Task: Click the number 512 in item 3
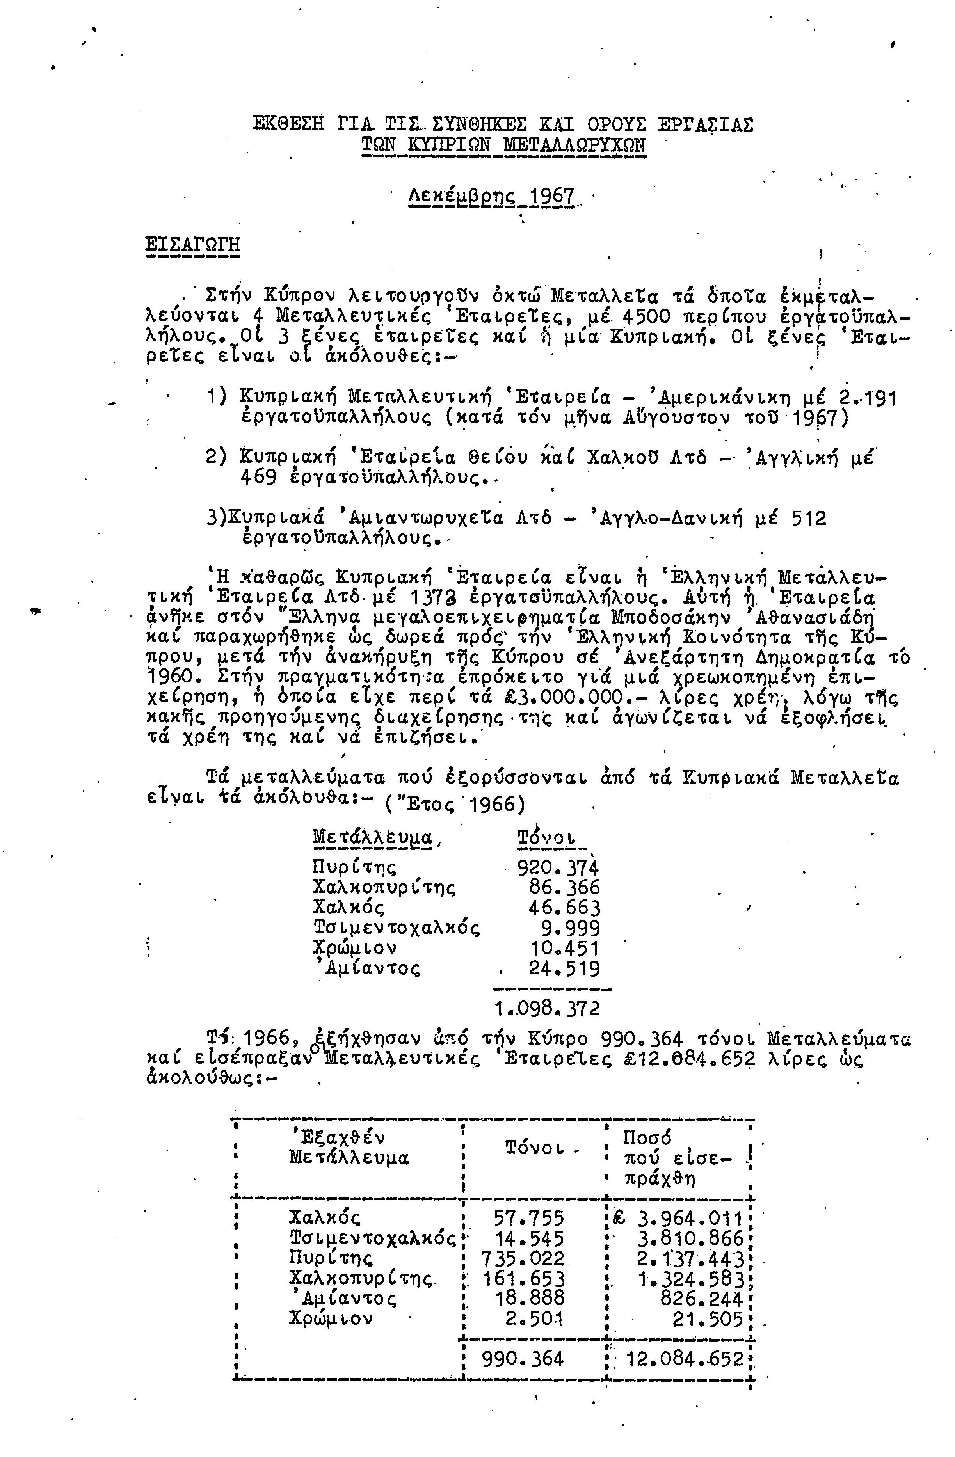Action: tap(809, 519)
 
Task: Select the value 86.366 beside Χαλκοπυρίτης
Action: tap(564, 888)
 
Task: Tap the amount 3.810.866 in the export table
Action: tap(690, 1238)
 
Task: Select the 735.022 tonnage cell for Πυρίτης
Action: tap(523, 1258)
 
